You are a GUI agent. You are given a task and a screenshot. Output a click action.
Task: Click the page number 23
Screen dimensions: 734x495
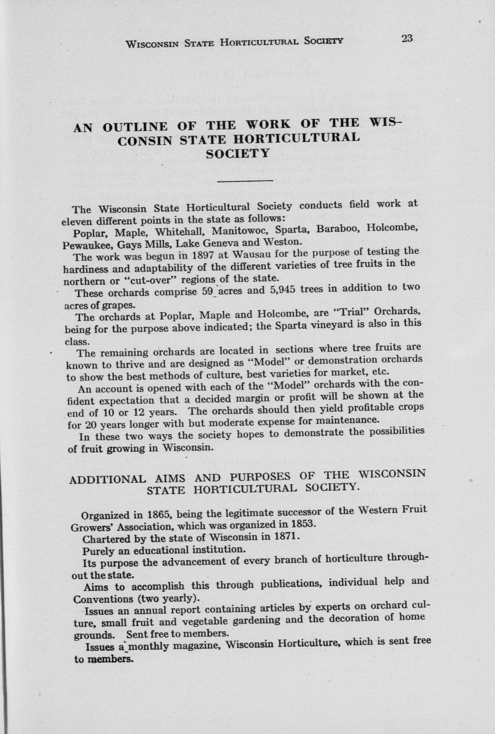point(407,38)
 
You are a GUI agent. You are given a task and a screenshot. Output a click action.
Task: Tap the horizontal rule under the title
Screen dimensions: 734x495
point(245,181)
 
